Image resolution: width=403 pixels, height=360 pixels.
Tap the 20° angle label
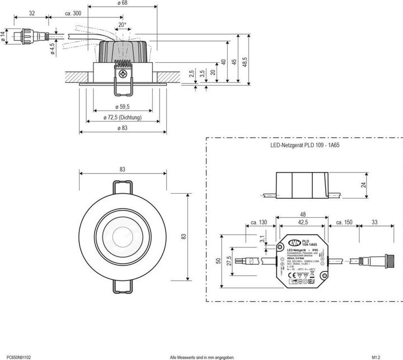122,25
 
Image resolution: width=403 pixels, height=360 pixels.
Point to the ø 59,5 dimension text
123,106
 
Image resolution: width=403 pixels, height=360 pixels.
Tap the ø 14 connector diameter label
3,38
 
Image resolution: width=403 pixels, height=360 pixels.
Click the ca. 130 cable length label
259,222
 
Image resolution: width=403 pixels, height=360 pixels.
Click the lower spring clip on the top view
123,286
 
